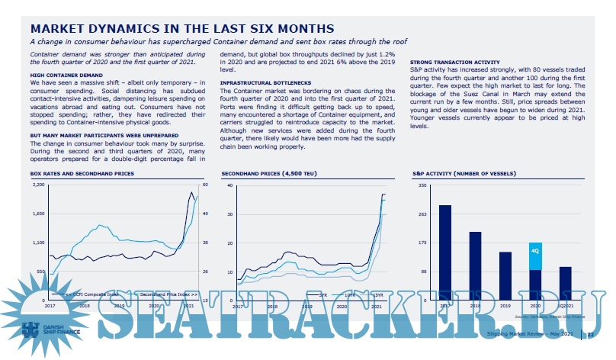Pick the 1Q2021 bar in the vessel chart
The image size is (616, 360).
coord(565,283)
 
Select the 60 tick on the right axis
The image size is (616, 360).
coord(204,185)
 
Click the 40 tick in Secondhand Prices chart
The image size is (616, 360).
coord(229,185)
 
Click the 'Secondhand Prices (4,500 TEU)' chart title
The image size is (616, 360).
coord(271,174)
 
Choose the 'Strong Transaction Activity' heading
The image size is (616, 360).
coord(454,61)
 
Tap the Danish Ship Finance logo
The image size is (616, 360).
coord(46,330)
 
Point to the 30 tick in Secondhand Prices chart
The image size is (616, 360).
coord(229,214)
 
